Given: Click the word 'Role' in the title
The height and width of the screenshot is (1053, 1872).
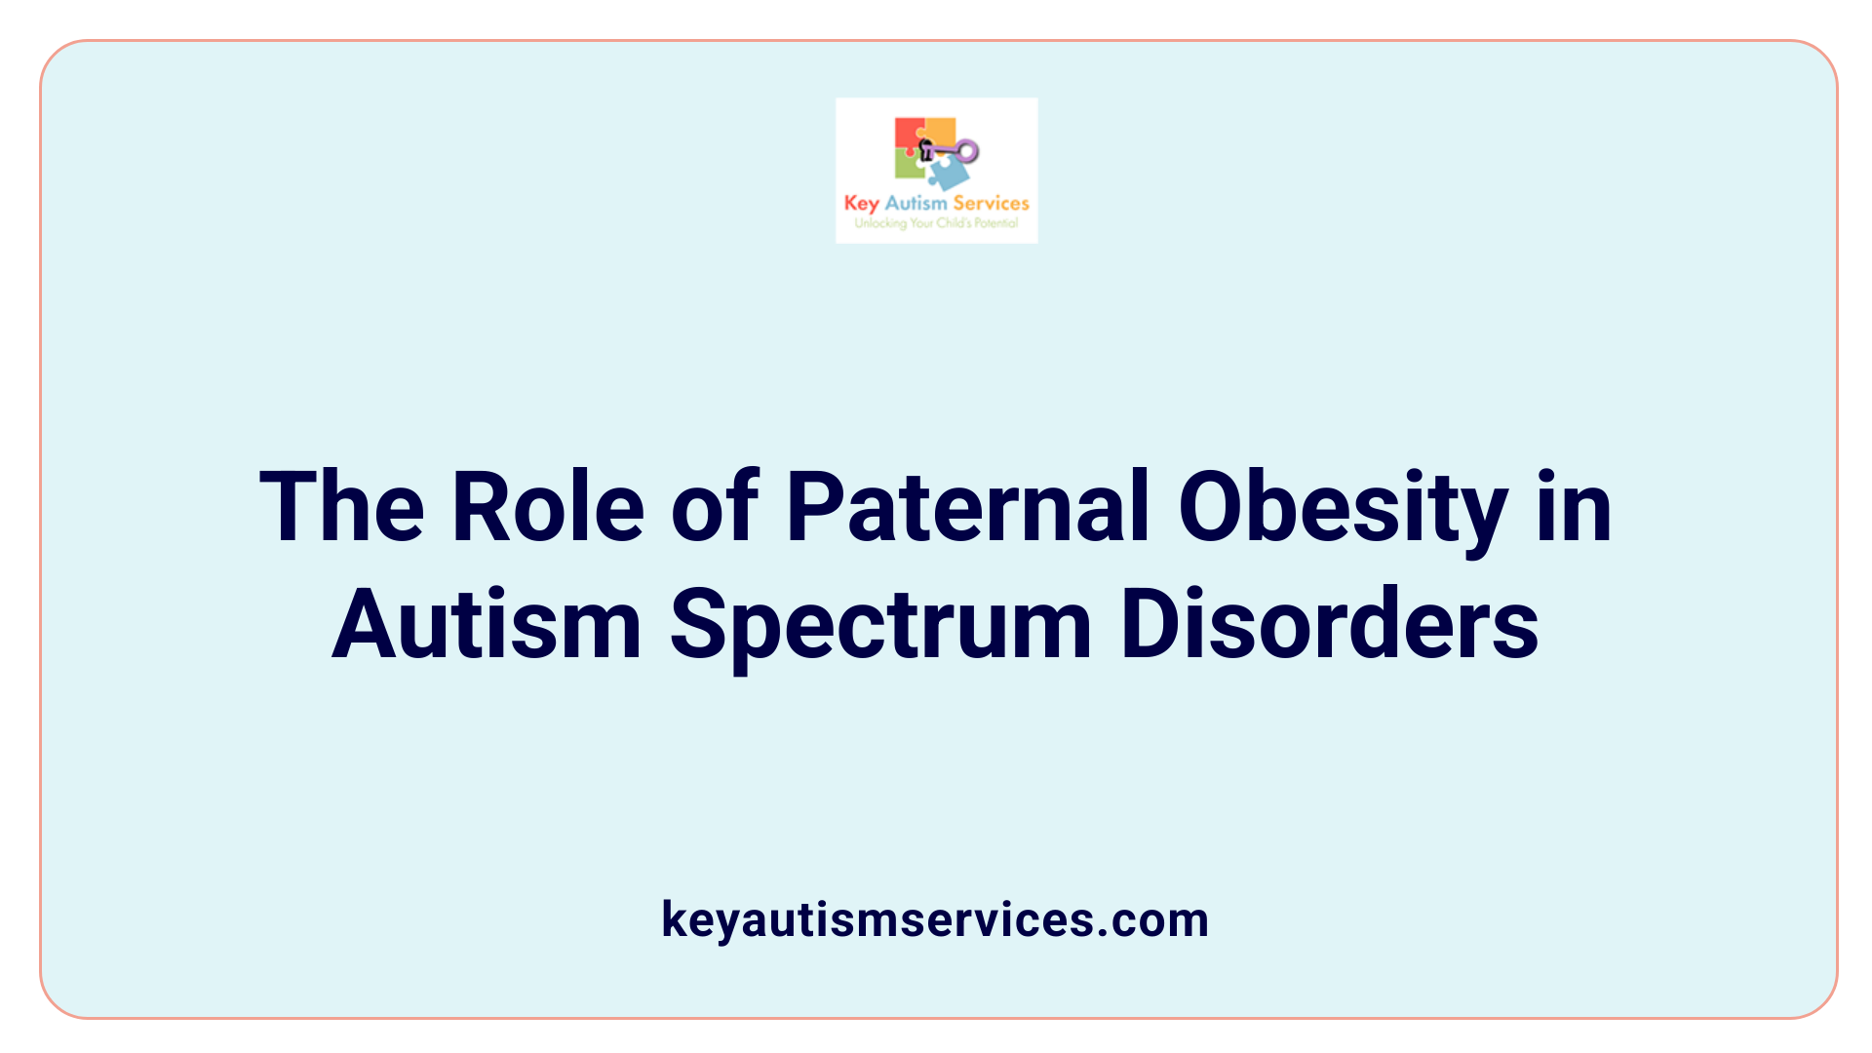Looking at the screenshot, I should pyautogui.click(x=548, y=507).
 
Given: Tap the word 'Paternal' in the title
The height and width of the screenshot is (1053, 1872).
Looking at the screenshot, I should pyautogui.click(x=968, y=507).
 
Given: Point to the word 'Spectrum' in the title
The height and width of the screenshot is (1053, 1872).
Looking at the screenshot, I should pyautogui.click(x=880, y=625).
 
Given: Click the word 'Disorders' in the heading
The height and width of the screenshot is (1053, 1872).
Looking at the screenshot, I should pyautogui.click(x=1330, y=625).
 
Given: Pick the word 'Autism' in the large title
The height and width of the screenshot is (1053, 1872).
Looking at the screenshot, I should pyautogui.click(x=487, y=625).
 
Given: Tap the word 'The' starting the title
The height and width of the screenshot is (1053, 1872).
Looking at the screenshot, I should pyautogui.click(x=341, y=507).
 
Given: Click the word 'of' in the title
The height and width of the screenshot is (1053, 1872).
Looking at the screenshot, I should pyautogui.click(x=715, y=507).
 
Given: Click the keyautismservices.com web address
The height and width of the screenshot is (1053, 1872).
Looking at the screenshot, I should pyautogui.click(x=935, y=919).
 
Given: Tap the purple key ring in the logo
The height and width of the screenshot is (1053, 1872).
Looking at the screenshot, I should pyautogui.click(x=966, y=150).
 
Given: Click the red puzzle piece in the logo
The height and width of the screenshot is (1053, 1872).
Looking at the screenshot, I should pyautogui.click(x=908, y=133).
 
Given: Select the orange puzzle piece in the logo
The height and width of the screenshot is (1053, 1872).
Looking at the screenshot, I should pyautogui.click(x=939, y=131).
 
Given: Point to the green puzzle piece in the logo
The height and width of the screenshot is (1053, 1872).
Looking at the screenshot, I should pyautogui.click(x=908, y=166).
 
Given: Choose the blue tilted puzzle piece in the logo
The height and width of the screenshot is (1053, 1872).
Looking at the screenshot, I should pyautogui.click(x=948, y=174).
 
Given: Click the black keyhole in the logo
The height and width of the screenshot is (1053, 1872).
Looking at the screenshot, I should pyautogui.click(x=926, y=149).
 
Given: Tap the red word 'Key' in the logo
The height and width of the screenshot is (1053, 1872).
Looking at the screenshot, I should pyautogui.click(x=862, y=204).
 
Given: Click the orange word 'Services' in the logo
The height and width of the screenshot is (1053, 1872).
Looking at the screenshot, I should pyautogui.click(x=991, y=203).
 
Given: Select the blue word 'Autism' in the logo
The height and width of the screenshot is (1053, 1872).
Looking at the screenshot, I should pyautogui.click(x=916, y=203).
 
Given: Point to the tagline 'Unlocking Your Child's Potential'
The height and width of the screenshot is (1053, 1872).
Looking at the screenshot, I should pyautogui.click(x=936, y=223).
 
